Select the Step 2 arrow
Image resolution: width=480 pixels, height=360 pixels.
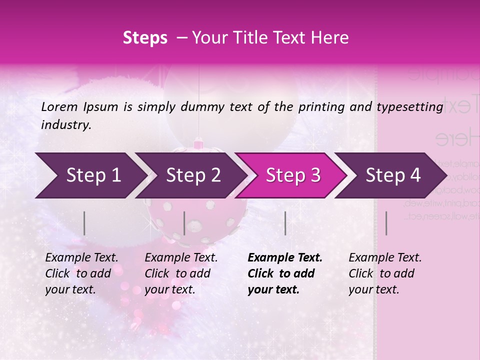coord(193,175)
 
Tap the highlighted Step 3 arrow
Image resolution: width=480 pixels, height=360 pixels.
coord(293,175)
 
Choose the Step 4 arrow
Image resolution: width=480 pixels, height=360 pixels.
coord(393,175)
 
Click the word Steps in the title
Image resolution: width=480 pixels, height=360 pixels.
coord(145,38)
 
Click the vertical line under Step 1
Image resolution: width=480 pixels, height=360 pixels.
coord(84,223)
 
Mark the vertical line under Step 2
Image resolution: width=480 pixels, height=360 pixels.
coord(184,223)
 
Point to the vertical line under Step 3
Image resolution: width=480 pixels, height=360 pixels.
coord(285,223)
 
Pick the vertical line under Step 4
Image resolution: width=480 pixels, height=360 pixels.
coord(386,223)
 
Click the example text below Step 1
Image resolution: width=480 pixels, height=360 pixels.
coord(81,273)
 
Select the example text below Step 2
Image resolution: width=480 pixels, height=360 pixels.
coord(181,273)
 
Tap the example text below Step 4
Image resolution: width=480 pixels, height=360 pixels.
coord(385,273)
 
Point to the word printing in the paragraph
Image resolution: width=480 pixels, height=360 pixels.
coord(319,106)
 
